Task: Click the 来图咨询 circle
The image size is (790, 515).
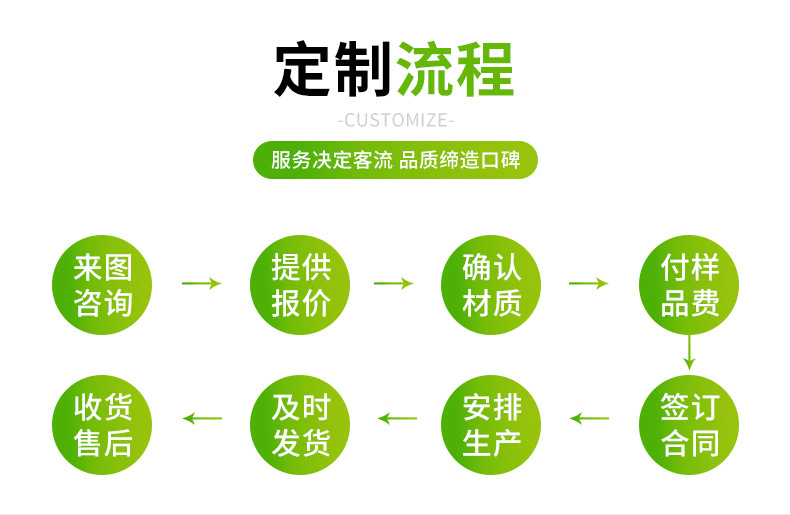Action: pyautogui.click(x=103, y=285)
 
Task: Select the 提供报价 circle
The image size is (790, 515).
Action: pyautogui.click(x=300, y=285)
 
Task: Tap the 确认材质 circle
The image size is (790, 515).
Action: pyautogui.click(x=492, y=285)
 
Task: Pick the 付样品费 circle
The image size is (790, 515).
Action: pyautogui.click(x=689, y=285)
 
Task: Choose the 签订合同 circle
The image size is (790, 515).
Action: pyautogui.click(x=689, y=425)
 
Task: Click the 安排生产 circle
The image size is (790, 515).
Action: pyautogui.click(x=492, y=425)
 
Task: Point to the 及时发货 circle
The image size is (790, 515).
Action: pyautogui.click(x=300, y=425)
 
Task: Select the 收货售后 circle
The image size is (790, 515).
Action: pyautogui.click(x=103, y=425)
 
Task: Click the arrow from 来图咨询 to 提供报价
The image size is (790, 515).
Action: pyautogui.click(x=201, y=284)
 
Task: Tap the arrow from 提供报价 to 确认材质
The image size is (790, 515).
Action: pyautogui.click(x=393, y=284)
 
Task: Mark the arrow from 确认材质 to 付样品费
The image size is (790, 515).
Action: pyautogui.click(x=588, y=284)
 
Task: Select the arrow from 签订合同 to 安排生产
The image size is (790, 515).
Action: pyautogui.click(x=588, y=418)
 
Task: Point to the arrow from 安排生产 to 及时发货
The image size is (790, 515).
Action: pyautogui.click(x=396, y=418)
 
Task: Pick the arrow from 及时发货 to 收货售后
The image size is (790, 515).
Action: pyautogui.click(x=202, y=418)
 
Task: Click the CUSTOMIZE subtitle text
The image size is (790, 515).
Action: pyautogui.click(x=396, y=121)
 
